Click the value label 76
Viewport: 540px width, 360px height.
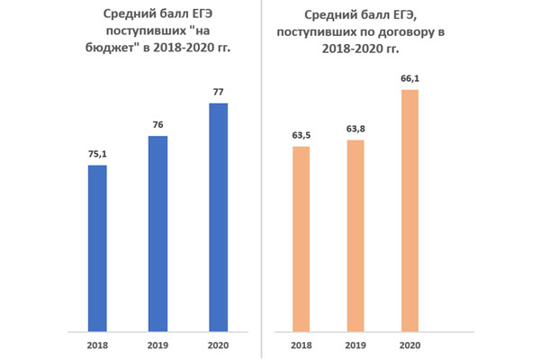click(x=157, y=124)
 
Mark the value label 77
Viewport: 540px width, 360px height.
click(x=218, y=92)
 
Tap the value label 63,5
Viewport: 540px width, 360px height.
click(x=301, y=135)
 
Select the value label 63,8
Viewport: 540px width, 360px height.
click(x=355, y=129)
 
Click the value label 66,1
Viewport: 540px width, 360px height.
click(x=410, y=78)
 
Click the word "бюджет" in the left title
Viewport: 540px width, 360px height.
click(x=114, y=48)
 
